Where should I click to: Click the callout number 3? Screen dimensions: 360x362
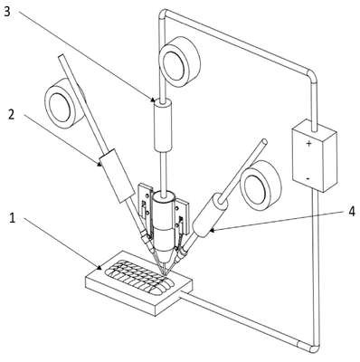pyautogui.click(x=8, y=12)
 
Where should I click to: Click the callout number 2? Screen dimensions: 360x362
pyautogui.click(x=11, y=115)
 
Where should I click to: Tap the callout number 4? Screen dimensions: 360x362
pyautogui.click(x=351, y=211)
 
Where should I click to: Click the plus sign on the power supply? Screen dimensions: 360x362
pyautogui.click(x=308, y=144)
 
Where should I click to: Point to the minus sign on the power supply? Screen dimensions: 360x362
pyautogui.click(x=308, y=178)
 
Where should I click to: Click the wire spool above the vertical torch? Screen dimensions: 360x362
pyautogui.click(x=180, y=62)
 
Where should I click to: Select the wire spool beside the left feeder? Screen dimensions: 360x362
pyautogui.click(x=64, y=102)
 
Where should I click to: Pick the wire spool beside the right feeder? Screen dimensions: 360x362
pyautogui.click(x=261, y=186)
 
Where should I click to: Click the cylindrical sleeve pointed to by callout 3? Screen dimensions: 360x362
pyautogui.click(x=163, y=125)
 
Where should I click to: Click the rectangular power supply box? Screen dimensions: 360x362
pyautogui.click(x=314, y=156)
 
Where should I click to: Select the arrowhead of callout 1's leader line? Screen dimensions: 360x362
pyautogui.click(x=99, y=267)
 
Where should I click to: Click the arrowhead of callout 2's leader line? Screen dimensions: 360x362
pyautogui.click(x=99, y=165)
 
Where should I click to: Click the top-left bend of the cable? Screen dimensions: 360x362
pyautogui.click(x=163, y=13)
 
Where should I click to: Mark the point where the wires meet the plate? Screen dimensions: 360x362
pyautogui.click(x=165, y=274)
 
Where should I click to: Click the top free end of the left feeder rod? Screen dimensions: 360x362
pyautogui.click(x=62, y=57)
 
